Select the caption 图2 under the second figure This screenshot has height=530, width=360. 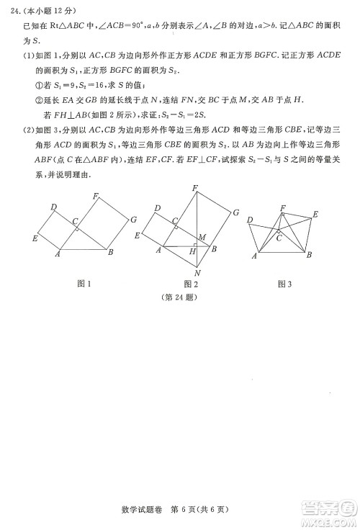pos(191,284)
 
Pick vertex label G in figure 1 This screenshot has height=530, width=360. pos(134,219)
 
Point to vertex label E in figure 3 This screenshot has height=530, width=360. pos(315,215)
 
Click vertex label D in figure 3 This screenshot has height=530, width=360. pos(249,220)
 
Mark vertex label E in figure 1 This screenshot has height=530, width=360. pos(35,238)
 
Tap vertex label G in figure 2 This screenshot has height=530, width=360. pos(235,212)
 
